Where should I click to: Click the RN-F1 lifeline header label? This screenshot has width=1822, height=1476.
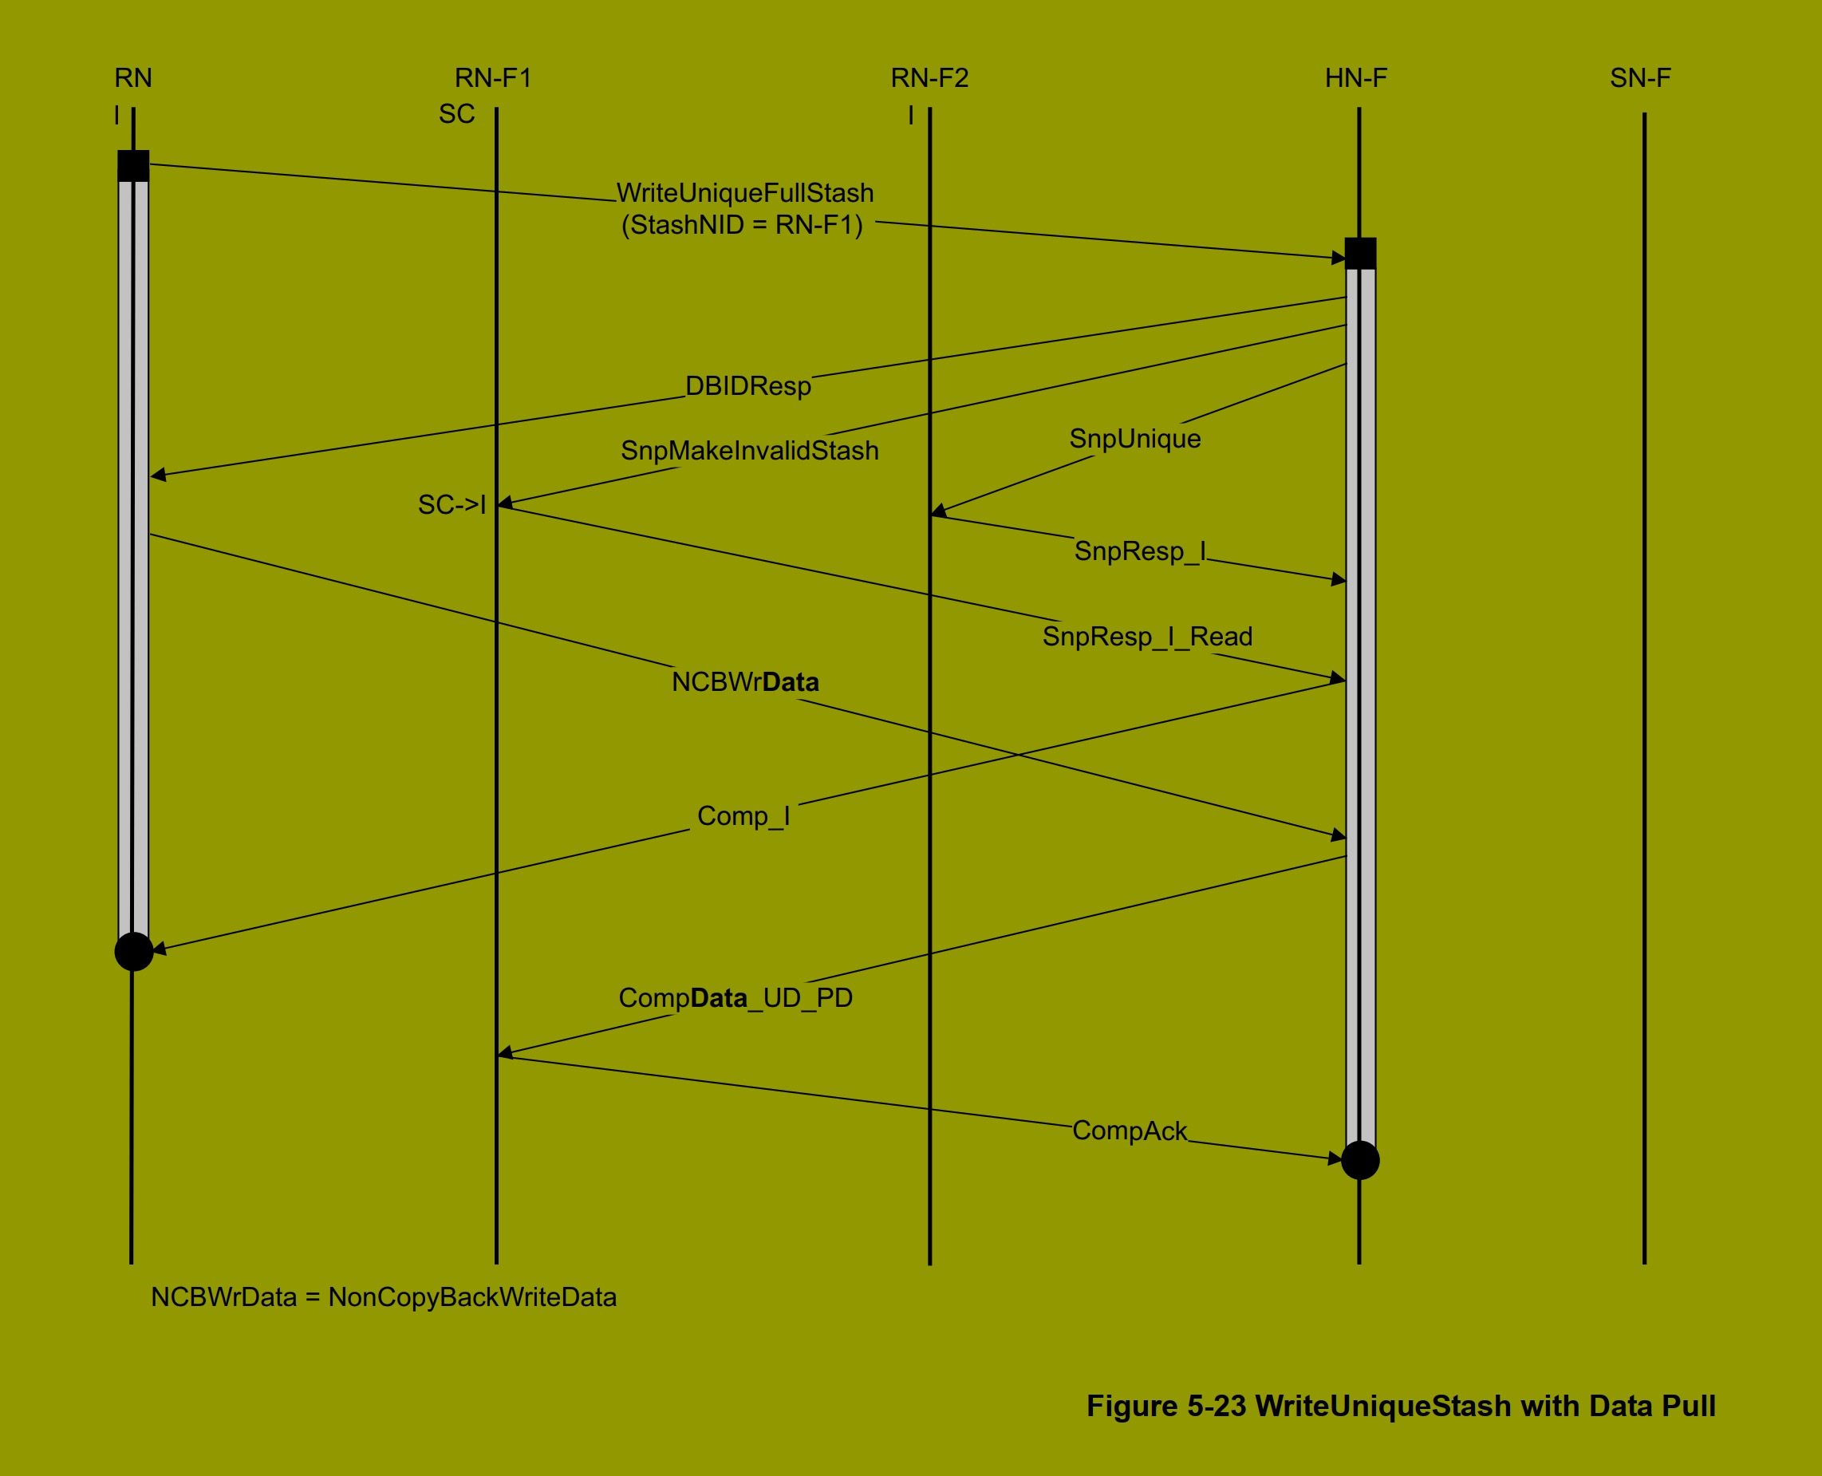tap(493, 78)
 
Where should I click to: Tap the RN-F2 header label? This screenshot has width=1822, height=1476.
tap(929, 78)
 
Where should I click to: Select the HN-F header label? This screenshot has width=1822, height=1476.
tap(1355, 78)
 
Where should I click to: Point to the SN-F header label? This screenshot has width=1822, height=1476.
tap(1640, 78)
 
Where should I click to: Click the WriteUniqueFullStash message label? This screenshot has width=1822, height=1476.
tap(745, 193)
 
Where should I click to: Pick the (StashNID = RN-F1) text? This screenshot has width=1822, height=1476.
tap(741, 225)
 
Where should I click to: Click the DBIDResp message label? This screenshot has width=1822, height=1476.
tap(748, 386)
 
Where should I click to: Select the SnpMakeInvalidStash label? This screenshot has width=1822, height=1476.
tap(749, 451)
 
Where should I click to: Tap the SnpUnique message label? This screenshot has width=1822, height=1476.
tap(1134, 439)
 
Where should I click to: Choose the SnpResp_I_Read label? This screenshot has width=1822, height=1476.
tap(1147, 637)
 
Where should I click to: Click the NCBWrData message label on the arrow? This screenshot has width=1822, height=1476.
tap(745, 682)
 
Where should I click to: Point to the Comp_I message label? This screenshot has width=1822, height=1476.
tap(743, 816)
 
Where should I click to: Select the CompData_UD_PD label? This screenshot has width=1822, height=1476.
tap(736, 998)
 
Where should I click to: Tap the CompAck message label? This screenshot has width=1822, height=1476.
tap(1129, 1131)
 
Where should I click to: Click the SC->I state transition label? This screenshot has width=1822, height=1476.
tap(452, 505)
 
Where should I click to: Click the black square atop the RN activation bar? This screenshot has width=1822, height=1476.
tap(133, 166)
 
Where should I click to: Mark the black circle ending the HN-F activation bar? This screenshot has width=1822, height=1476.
tap(1359, 1161)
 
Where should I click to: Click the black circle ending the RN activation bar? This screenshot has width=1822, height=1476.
tap(133, 951)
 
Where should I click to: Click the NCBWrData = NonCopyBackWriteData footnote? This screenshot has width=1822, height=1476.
tap(384, 1297)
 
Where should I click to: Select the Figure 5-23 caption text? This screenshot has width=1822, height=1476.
tap(1400, 1407)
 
